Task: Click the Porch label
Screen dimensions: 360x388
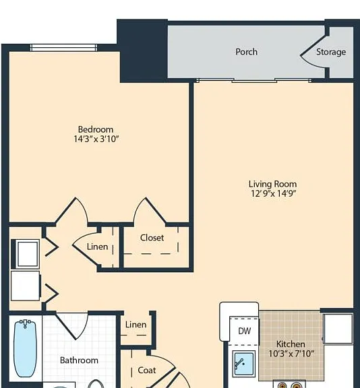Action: coord(246,52)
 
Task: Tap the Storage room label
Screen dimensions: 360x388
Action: coord(331,52)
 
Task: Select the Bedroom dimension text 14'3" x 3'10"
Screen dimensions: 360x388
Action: coord(96,139)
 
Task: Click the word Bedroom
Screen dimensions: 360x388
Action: coord(96,129)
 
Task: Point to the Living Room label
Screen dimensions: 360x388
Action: coord(272,184)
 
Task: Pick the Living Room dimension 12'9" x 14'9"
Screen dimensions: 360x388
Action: coord(273,193)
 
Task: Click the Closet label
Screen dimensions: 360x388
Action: coord(152,238)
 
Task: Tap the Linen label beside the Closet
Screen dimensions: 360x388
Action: coord(97,247)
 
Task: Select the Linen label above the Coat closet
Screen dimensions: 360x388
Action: coord(136,325)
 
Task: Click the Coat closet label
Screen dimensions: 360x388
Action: coord(147,370)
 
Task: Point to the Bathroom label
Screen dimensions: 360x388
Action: coord(79,360)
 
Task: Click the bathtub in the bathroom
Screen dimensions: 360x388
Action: coord(25,348)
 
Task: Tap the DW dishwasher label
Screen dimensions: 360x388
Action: coord(244,331)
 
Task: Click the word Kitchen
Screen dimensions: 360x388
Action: coord(291,344)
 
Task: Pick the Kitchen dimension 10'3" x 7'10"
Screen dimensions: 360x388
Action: coord(291,354)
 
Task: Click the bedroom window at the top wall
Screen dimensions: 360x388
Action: coord(63,48)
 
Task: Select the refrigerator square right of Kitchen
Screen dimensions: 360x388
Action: coord(338,329)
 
